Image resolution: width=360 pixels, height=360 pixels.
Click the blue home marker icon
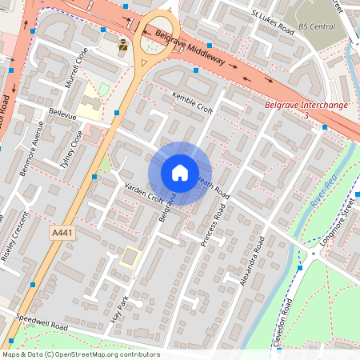pyautogui.click(x=180, y=173)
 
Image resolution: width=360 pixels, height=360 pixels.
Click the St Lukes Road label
pyautogui.click(x=272, y=19)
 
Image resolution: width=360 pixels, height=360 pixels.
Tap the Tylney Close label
pyautogui.click(x=71, y=148)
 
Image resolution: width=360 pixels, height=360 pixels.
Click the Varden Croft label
pyautogui.click(x=144, y=193)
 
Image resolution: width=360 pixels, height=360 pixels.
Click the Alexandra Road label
pyautogui.click(x=253, y=259)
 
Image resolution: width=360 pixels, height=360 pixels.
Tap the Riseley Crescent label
pyautogui.click(x=17, y=242)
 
